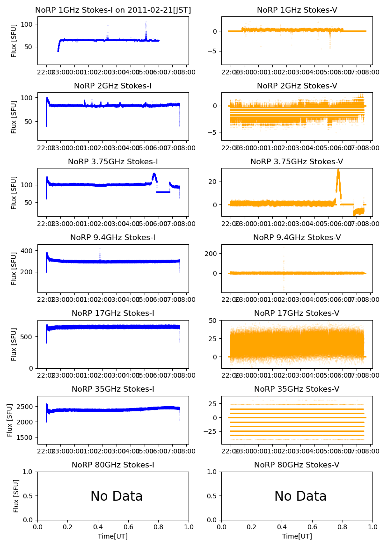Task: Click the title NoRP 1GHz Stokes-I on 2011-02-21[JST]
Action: coord(113,10)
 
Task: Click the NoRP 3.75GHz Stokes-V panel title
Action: coord(297,161)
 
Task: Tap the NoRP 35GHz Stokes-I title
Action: coord(113,389)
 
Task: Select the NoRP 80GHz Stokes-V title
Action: coord(297,465)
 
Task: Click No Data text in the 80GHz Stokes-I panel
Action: coord(117,496)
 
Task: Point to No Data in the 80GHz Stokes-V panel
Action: coord(300,496)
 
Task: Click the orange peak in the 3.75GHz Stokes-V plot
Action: coord(338,170)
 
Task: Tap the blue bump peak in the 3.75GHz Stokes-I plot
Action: coord(154,174)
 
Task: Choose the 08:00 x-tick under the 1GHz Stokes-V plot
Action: coord(372,72)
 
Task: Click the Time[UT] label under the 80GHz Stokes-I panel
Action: coord(113,536)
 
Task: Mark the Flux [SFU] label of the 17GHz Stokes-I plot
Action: coord(14,344)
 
